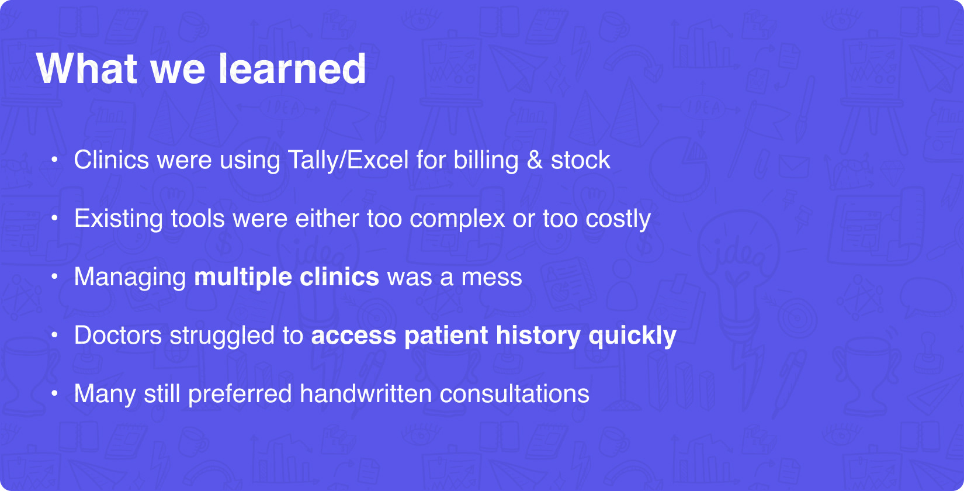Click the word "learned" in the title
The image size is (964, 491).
tap(292, 68)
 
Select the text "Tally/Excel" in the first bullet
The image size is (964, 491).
tap(348, 160)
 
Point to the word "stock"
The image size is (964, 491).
tap(581, 160)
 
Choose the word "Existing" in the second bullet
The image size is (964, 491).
tap(119, 219)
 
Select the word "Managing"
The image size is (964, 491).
tap(130, 278)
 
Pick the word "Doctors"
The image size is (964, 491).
tap(118, 336)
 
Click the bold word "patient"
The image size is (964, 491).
tap(446, 336)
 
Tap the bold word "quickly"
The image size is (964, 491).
tap(632, 336)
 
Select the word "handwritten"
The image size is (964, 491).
tap(366, 393)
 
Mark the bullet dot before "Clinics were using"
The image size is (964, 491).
tap(54, 160)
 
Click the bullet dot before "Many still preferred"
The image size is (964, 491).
tap(54, 393)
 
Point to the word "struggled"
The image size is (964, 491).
tap(222, 336)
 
